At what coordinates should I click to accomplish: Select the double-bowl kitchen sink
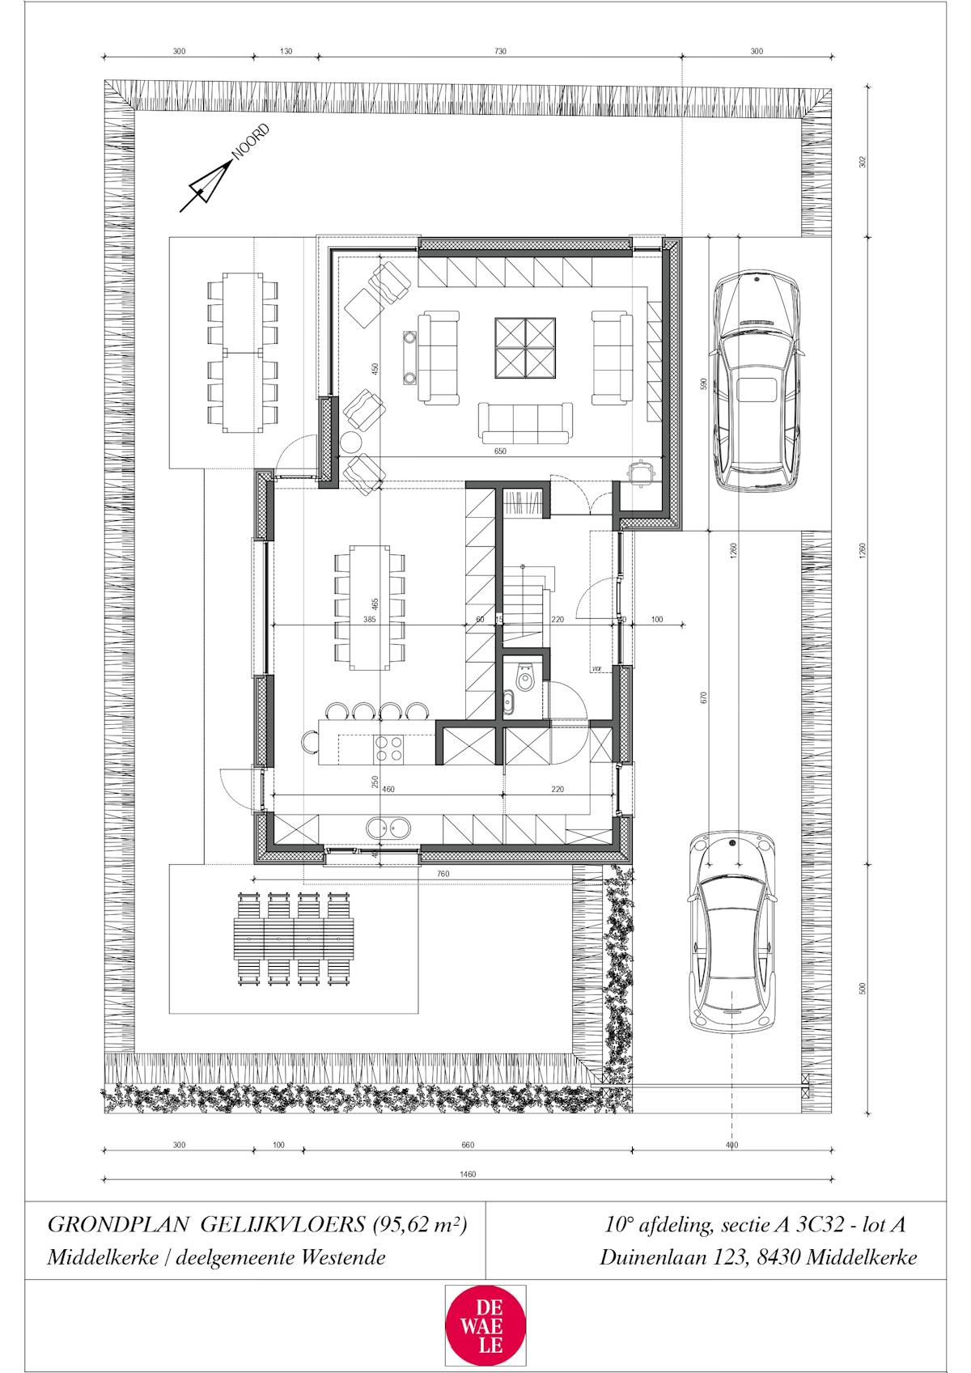point(389,827)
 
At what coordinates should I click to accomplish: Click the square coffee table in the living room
point(525,346)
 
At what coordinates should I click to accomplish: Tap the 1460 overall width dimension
point(468,1174)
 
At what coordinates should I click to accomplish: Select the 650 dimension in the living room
point(499,451)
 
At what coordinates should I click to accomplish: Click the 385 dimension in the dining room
point(370,619)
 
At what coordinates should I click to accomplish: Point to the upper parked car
point(756,382)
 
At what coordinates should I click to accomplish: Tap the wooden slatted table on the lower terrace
point(295,938)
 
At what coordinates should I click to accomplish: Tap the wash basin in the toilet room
point(508,702)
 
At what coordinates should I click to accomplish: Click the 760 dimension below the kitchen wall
point(443,874)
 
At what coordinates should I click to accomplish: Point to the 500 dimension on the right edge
point(863,988)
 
